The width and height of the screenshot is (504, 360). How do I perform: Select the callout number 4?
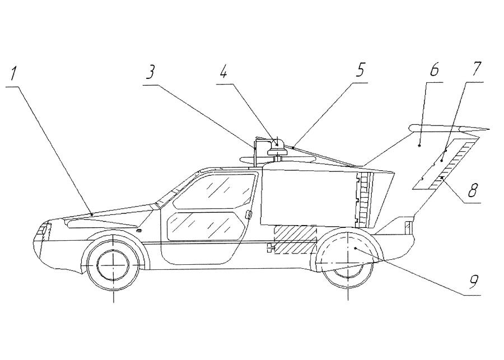pyautogui.click(x=224, y=72)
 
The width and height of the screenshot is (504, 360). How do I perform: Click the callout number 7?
pyautogui.click(x=477, y=70)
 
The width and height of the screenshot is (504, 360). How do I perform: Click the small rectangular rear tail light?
pyautogui.click(x=407, y=227)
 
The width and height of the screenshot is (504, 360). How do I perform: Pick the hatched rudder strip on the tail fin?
pyautogui.click(x=452, y=162)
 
